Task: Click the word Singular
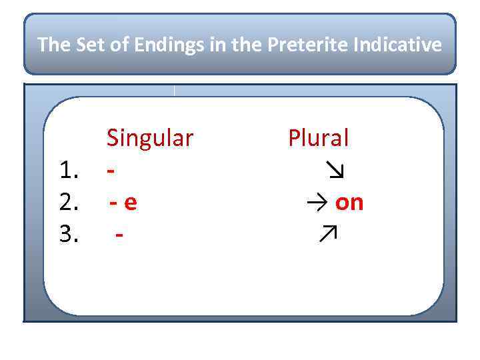point(150,139)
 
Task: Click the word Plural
point(318,139)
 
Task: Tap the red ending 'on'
point(349,203)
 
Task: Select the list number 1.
point(70,171)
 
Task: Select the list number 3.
point(70,234)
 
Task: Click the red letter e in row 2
point(131,203)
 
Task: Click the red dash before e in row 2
point(115,203)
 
